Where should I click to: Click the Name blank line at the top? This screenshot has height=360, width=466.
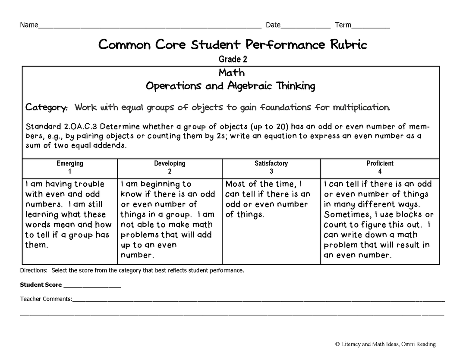(150, 27)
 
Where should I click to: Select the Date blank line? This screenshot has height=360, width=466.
(305, 27)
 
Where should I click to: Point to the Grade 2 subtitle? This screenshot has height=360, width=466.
(233, 59)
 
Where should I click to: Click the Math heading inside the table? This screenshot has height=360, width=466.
(231, 72)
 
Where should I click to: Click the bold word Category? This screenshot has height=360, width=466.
(47, 107)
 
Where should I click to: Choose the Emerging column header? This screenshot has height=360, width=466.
(69, 163)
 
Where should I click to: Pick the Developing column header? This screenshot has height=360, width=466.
(170, 163)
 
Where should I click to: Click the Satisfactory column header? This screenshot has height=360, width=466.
(271, 163)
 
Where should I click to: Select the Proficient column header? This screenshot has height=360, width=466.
(380, 163)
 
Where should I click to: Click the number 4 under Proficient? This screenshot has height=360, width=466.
(380, 172)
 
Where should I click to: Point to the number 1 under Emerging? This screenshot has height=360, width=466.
(69, 172)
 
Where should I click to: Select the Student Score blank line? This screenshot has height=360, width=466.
(92, 285)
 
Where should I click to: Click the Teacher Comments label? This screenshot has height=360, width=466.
(46, 299)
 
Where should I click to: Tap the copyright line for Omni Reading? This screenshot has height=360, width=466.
(385, 344)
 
